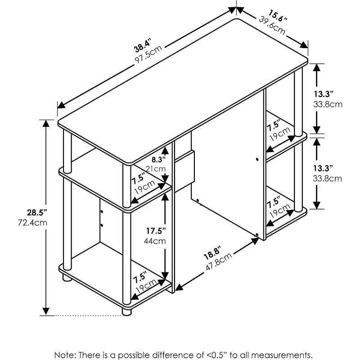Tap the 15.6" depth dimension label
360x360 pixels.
(277, 16)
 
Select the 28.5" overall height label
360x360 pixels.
(37, 213)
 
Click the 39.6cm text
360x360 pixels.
(272, 25)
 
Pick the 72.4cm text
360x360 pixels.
(32, 223)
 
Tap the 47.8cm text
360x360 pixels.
(219, 261)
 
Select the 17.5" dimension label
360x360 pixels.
(156, 231)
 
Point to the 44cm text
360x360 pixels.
(155, 241)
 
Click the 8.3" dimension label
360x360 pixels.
(158, 159)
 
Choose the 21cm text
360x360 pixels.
(156, 169)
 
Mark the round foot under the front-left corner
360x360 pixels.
(126, 311)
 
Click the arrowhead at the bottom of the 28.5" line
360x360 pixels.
(46, 311)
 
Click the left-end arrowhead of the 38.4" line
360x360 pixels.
(61, 105)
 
